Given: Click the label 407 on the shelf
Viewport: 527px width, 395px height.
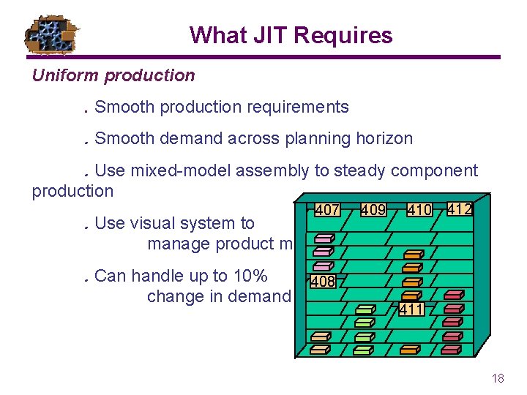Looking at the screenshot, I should [326, 210].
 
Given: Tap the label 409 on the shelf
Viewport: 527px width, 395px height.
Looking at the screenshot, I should [373, 210].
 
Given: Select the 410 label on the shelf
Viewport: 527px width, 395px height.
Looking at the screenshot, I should [419, 210].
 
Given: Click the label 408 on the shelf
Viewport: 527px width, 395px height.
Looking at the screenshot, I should [323, 281].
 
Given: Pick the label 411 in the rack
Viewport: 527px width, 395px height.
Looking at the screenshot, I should [411, 309].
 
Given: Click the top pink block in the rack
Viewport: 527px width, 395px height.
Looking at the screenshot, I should [324, 238].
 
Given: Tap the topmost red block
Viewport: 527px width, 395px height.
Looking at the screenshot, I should [455, 294].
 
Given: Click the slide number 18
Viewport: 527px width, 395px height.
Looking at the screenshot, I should [498, 378].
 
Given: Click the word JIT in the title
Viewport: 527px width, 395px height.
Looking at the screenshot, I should [256, 35].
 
